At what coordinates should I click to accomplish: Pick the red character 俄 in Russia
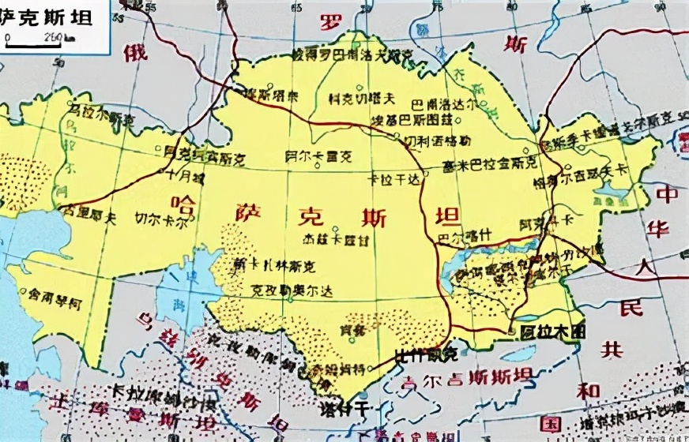point(135,53)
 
